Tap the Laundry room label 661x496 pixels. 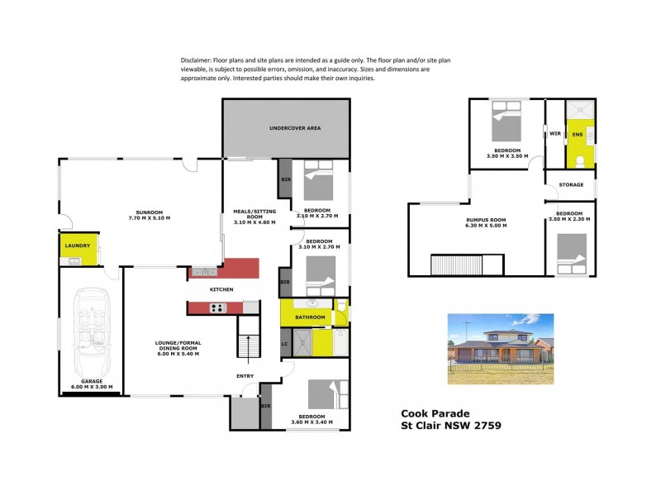[78, 246]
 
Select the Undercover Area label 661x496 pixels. [295, 129]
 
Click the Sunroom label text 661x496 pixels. [150, 214]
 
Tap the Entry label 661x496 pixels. [246, 377]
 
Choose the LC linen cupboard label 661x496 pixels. [285, 343]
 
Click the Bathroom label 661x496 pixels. [311, 317]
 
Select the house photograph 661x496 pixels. [501, 350]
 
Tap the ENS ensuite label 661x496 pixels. [578, 134]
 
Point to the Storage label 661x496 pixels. [571, 185]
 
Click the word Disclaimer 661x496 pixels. [195, 61]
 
